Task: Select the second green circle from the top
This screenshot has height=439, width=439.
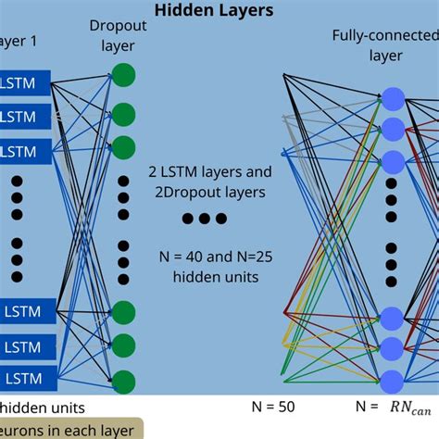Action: pos(124,113)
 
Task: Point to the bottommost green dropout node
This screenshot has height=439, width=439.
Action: pos(124,381)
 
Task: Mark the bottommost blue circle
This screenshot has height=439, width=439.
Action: pos(394,380)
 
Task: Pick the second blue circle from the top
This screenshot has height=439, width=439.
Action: pos(394,129)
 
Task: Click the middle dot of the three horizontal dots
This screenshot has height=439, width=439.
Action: pos(203,219)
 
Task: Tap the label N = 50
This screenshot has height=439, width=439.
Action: pos(275,406)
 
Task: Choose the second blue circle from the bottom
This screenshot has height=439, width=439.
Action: pos(394,348)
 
